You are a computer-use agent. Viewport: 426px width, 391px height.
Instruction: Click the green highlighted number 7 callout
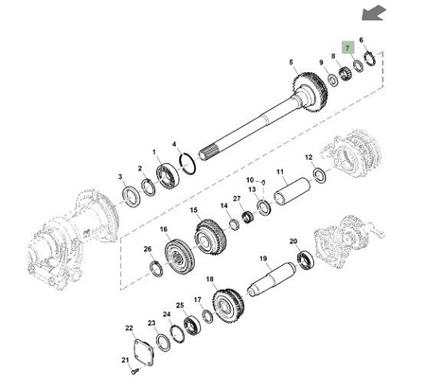[x=348, y=47]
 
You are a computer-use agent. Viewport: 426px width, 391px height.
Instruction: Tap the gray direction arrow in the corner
[x=374, y=13]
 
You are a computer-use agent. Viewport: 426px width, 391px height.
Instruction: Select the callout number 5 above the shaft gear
[x=291, y=62]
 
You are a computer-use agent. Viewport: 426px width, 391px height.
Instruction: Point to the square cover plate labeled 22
[x=144, y=352]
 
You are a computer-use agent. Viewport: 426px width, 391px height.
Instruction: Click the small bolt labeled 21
[x=134, y=371]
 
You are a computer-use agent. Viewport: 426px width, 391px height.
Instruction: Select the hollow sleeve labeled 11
[x=293, y=191]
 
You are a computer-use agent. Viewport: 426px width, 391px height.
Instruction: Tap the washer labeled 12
[x=320, y=176]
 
